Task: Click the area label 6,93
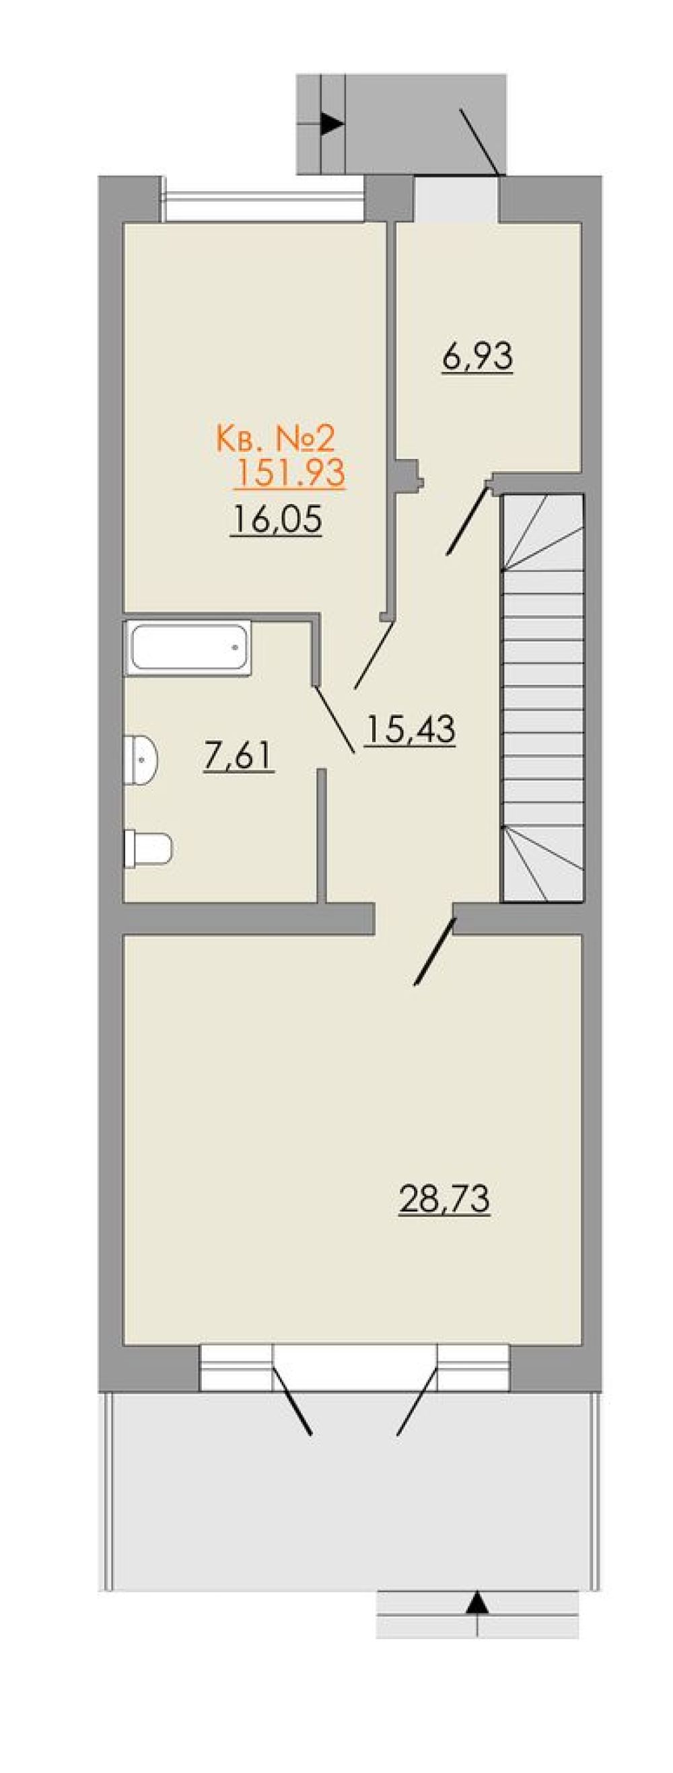(478, 357)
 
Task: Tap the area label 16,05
(277, 519)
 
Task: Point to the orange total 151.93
(289, 474)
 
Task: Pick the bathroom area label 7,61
(239, 757)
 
